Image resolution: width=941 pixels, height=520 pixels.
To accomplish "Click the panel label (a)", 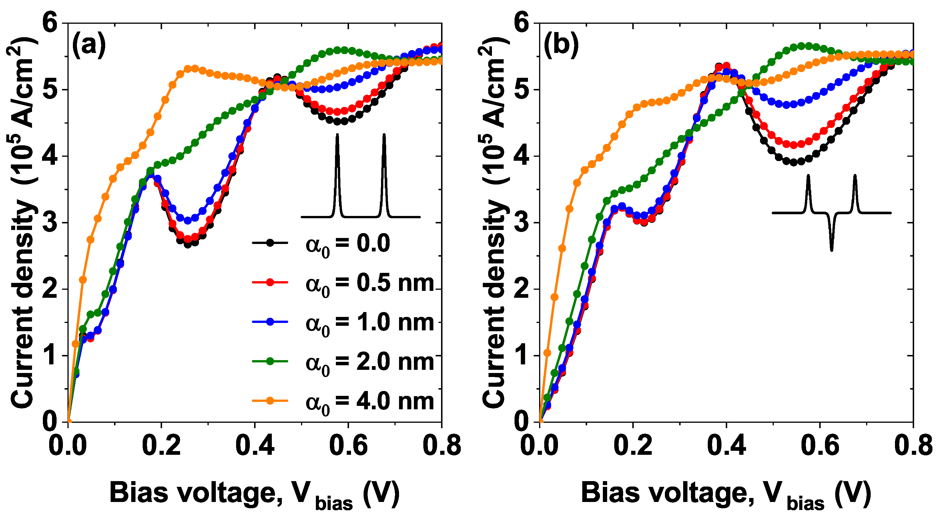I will click(x=89, y=46).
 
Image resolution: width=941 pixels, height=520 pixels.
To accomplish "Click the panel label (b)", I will click(x=561, y=46).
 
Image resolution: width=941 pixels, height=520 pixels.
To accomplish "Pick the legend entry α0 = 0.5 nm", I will click(x=369, y=283).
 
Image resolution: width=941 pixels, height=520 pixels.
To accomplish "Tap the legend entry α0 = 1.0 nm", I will click(x=369, y=323).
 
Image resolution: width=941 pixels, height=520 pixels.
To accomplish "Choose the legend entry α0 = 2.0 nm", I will click(x=369, y=362).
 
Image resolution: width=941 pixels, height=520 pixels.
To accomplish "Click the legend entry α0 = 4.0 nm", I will click(x=369, y=402).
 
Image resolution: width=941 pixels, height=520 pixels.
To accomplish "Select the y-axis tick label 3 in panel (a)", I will click(x=50, y=223).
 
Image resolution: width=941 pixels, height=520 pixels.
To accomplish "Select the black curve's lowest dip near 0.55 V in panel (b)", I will click(x=794, y=162).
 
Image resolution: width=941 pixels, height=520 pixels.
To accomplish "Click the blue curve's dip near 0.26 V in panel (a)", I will click(x=188, y=220).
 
